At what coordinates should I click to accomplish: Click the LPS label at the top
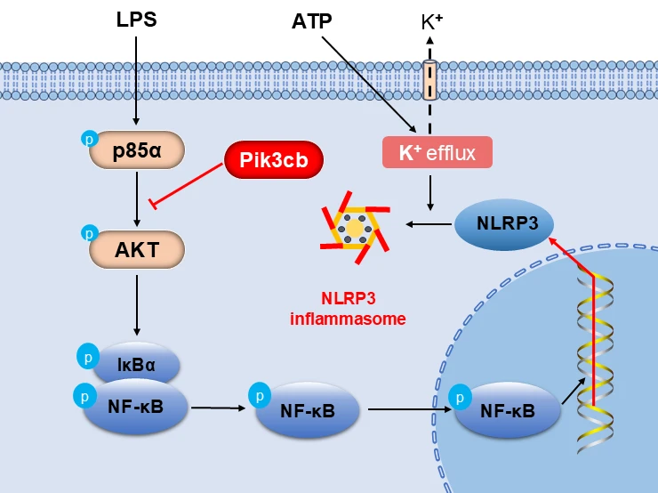pos(136,20)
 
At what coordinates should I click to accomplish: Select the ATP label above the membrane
pos(313,21)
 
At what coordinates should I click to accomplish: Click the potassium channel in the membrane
pos(429,80)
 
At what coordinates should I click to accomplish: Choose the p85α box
pos(138,150)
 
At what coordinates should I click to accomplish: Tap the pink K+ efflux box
pos(437,153)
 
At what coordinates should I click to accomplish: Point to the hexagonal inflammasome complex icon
pos(355,228)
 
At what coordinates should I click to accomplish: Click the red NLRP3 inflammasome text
pos(348,309)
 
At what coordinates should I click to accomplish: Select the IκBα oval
pos(138,364)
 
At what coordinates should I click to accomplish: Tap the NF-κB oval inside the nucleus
pos(509,410)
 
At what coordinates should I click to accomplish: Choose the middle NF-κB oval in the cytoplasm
pos(308,409)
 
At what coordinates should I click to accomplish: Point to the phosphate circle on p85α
pos(89,137)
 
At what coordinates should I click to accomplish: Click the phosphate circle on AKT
pos(89,234)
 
